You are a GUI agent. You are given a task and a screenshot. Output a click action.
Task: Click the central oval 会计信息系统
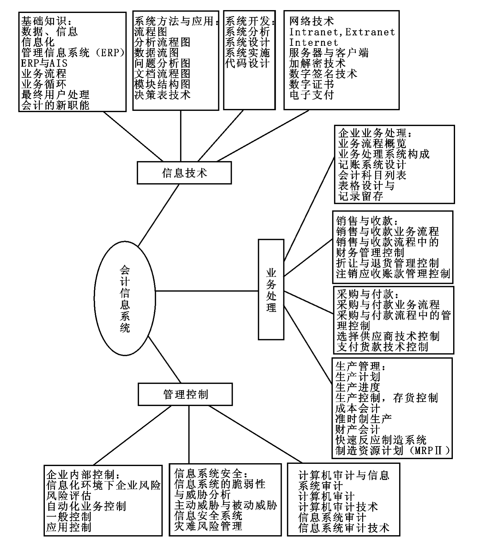coord(125,298)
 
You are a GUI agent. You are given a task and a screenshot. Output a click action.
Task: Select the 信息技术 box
coord(184,173)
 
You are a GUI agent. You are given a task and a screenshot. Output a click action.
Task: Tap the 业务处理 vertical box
coord(271,290)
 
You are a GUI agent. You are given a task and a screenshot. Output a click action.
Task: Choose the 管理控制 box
coord(185,394)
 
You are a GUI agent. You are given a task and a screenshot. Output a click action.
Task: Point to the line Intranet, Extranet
coord(342,32)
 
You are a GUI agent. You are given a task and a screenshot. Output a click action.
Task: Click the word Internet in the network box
coord(314,42)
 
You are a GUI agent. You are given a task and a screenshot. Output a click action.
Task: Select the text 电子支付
coord(311,94)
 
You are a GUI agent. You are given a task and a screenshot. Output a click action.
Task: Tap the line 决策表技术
coord(162,95)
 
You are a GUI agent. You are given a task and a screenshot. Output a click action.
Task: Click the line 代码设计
coord(247,63)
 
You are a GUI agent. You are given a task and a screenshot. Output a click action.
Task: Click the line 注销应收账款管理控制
coord(393,273)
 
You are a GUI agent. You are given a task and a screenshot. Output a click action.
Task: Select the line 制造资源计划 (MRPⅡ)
coord(393,450)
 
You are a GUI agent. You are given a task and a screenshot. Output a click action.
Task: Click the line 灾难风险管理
coord(208,526)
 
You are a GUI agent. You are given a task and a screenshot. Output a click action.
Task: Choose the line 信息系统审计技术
coord(344,528)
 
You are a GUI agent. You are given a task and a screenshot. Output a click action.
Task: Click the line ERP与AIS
coord(44,63)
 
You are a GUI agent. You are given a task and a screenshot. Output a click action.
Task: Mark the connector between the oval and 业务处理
coord(207,291)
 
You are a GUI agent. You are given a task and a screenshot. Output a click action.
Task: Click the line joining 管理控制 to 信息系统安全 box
coord(189,434)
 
